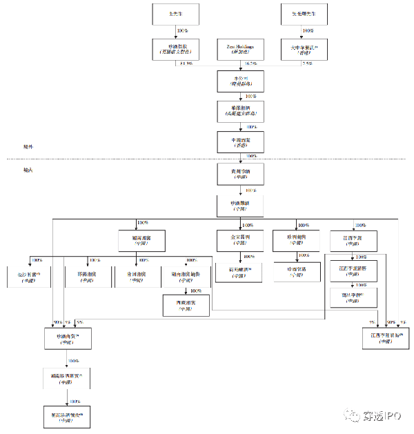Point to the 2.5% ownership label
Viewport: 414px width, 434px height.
click(307, 63)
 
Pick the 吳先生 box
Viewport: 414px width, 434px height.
click(175, 13)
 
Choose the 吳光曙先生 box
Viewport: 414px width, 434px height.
click(304, 13)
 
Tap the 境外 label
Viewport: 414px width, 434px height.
click(28, 147)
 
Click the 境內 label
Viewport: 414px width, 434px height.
click(28, 169)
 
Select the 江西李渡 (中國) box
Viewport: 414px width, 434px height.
click(352, 241)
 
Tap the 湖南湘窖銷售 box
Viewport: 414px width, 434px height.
click(186, 276)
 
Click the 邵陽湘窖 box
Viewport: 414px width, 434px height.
click(88, 276)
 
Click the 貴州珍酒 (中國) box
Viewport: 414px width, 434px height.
click(241, 174)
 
